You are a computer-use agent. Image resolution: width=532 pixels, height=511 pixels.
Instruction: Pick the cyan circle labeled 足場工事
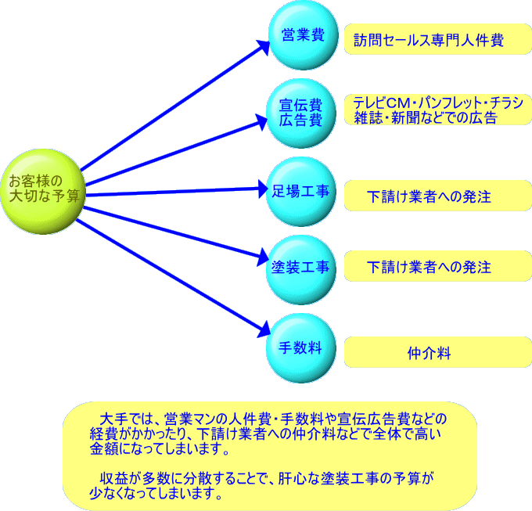pos(301,191)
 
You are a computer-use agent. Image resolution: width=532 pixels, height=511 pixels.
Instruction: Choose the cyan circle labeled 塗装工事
pos(301,267)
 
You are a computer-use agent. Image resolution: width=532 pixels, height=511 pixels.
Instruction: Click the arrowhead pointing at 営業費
pos(263,45)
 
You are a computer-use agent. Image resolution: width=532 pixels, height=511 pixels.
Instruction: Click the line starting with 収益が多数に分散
pos(266,479)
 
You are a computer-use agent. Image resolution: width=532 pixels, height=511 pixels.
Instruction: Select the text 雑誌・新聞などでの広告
pos(425,118)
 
